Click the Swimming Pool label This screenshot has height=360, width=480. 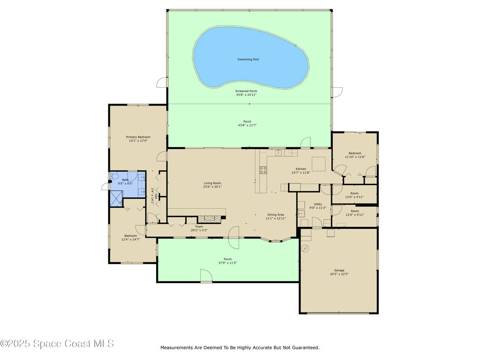point(248,60)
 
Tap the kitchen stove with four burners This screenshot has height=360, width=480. point(263,170)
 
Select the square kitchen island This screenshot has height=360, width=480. point(319,164)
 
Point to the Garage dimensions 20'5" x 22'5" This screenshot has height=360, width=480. point(339,274)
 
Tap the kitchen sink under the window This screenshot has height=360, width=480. point(278,152)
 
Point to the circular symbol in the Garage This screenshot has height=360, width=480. point(305,248)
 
